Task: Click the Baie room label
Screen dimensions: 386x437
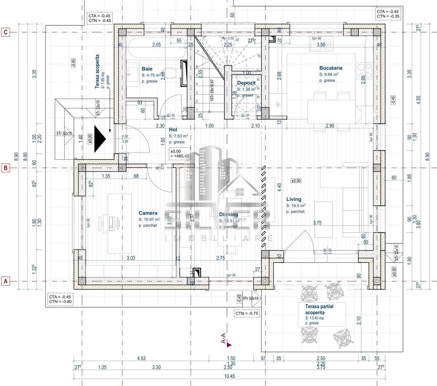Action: click(x=147, y=69)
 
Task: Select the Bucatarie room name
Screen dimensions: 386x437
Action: click(x=331, y=68)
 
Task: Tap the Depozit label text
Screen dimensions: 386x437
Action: click(x=246, y=83)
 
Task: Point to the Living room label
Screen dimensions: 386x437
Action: click(x=293, y=199)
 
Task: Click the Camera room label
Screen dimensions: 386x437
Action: click(x=148, y=213)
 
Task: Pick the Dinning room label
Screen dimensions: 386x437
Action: click(x=228, y=214)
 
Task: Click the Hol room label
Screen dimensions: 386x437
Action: click(x=173, y=130)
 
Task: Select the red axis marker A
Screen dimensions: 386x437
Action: click(x=5, y=281)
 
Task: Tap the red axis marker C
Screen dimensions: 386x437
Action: click(x=5, y=32)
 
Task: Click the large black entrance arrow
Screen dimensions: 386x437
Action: click(x=100, y=139)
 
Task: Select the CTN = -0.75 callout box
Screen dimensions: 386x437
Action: click(x=246, y=313)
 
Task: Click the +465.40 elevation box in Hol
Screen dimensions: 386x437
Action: click(x=180, y=154)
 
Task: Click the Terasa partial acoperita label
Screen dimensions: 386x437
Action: click(x=320, y=310)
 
